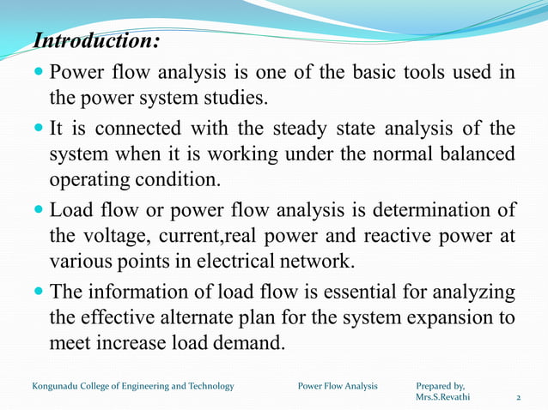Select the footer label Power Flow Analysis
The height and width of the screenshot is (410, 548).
click(x=338, y=386)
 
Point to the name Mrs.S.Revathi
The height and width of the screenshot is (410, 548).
click(x=442, y=398)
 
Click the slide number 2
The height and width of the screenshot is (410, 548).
click(x=518, y=399)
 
